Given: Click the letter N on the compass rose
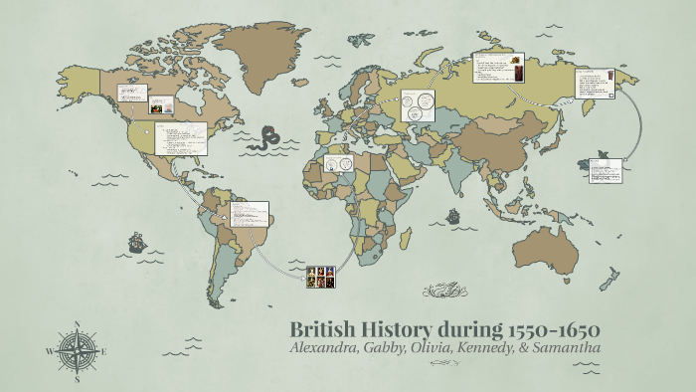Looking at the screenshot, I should pos(77,323).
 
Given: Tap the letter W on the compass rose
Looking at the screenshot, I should pos(49,351).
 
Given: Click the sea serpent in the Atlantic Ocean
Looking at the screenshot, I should pos(265,138).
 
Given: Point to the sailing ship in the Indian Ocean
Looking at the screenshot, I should pos(453,215).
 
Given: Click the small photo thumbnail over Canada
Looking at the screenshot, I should pos(162,103).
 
